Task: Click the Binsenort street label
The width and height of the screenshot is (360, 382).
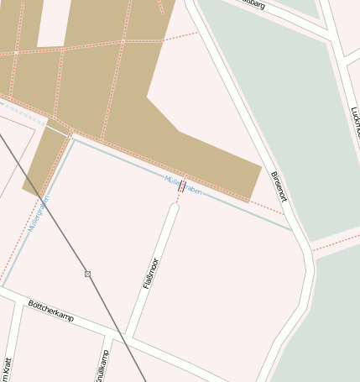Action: click(279, 186)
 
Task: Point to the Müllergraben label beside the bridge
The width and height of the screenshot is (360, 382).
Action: click(183, 185)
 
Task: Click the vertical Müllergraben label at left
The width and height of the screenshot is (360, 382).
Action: click(39, 214)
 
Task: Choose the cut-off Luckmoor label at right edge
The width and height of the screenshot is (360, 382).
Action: click(354, 122)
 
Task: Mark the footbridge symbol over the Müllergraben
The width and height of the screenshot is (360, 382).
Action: click(181, 187)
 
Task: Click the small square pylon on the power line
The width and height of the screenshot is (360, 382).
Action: click(87, 274)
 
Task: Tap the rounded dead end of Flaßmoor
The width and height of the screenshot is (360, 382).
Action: click(174, 207)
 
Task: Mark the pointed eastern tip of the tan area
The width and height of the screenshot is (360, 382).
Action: click(261, 165)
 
